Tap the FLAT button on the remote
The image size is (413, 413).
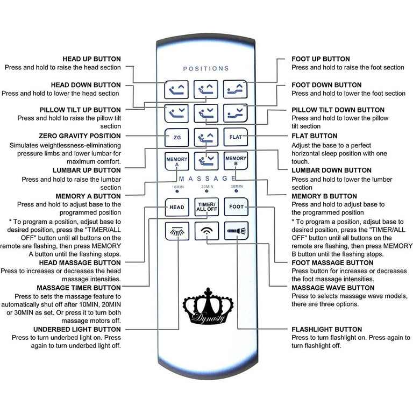pos(236,137)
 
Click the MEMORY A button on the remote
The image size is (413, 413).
pos(177,161)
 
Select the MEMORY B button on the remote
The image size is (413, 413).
pos(236,161)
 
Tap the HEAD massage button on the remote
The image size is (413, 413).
pos(177,207)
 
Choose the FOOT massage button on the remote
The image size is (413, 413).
pos(236,206)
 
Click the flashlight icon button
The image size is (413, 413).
pos(236,231)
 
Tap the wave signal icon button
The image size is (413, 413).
pos(206,231)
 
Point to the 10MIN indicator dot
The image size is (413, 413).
pos(177,191)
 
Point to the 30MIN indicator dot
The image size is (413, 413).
pos(236,191)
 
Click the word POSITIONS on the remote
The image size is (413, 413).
pos(206,69)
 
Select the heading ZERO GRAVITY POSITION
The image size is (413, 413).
pos(80,136)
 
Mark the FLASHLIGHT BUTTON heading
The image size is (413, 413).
pos(326,329)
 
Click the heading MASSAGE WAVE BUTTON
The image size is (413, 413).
pos(333,288)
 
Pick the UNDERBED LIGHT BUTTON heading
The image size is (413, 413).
pos(77,329)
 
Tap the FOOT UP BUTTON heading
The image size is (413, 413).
pos(321,59)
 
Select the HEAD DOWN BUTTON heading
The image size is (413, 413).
pos(86,85)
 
